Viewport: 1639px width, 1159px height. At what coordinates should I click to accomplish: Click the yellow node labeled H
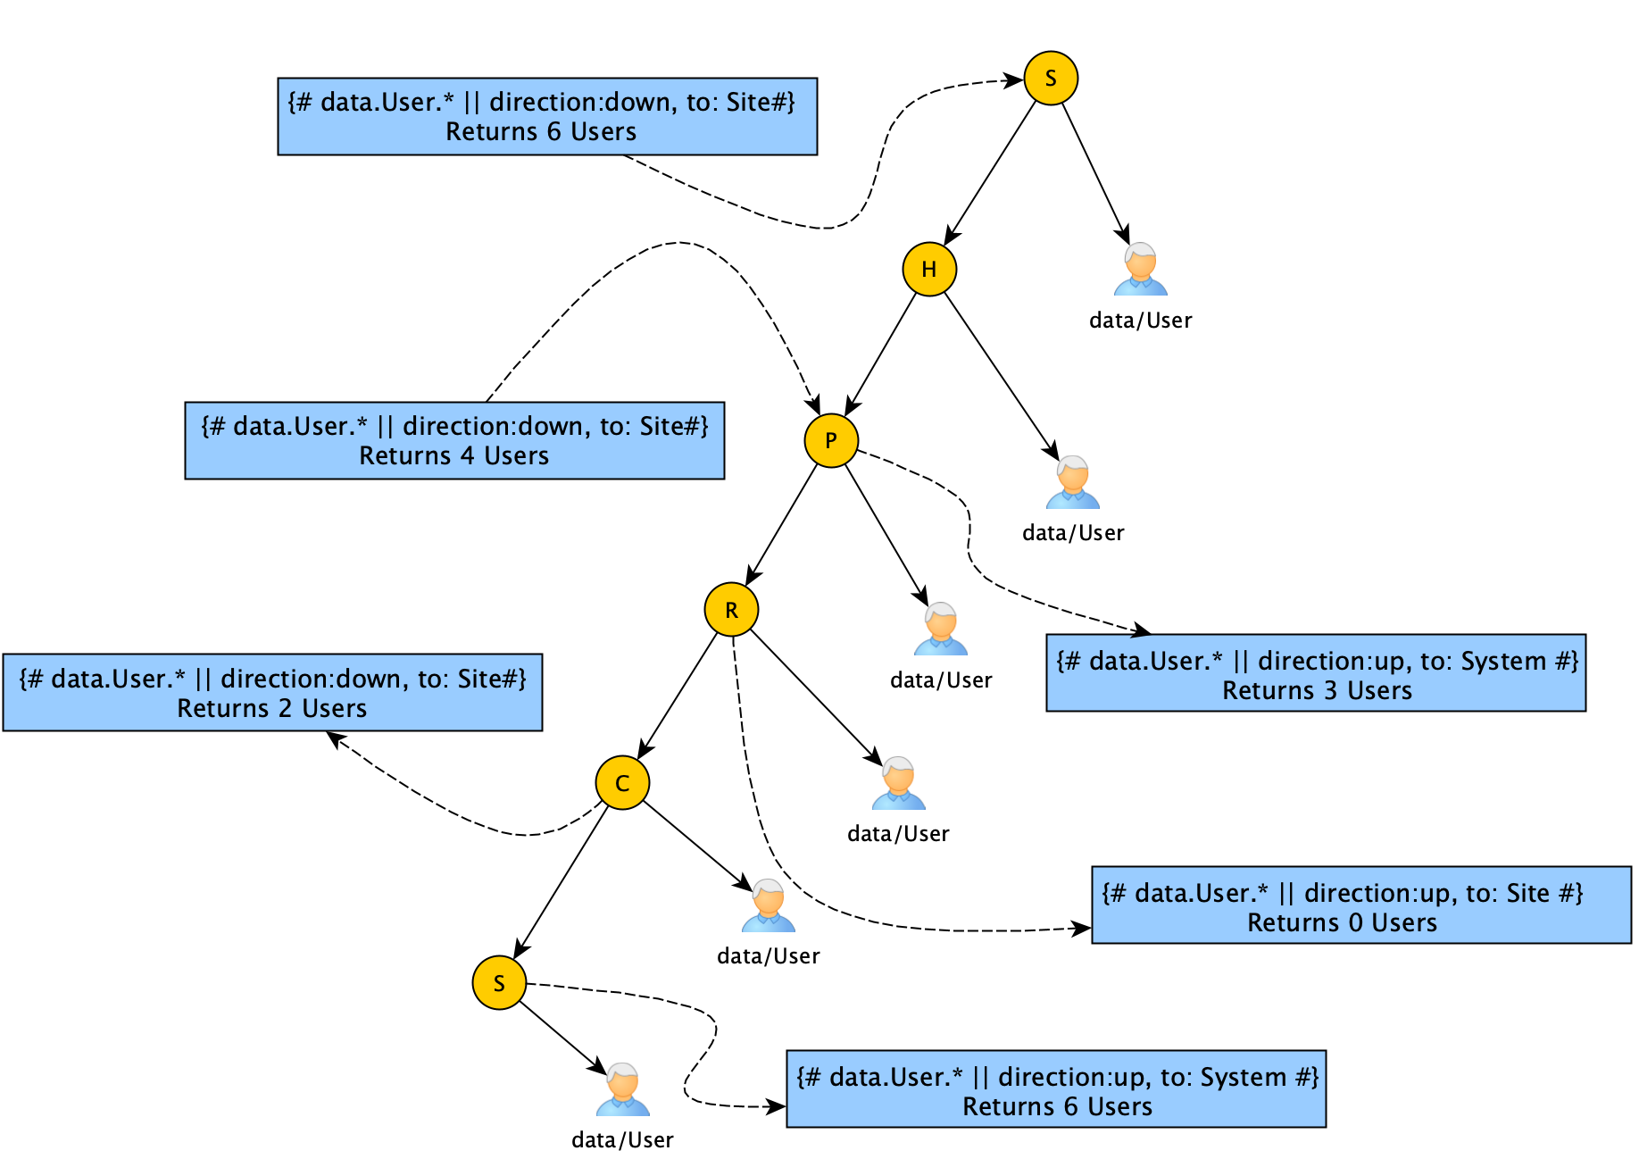(929, 269)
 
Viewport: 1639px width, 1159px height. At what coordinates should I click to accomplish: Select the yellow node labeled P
(831, 440)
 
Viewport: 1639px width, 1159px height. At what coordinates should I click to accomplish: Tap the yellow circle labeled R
(731, 610)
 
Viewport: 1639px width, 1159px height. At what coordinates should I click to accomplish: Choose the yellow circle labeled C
(622, 783)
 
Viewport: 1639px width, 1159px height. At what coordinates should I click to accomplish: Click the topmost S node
(1051, 79)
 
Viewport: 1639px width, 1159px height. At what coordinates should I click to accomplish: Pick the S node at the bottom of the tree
(499, 983)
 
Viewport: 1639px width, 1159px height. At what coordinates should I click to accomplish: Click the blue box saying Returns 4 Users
(454, 440)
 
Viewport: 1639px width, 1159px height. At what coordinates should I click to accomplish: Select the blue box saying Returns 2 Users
(272, 693)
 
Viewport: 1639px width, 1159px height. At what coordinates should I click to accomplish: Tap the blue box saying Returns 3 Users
(1316, 673)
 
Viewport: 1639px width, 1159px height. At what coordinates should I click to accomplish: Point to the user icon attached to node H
(1073, 483)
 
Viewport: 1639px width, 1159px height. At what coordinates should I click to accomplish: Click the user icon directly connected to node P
(941, 630)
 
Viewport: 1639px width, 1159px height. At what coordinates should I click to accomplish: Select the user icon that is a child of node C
(769, 906)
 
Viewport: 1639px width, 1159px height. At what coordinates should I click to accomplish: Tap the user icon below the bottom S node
(623, 1089)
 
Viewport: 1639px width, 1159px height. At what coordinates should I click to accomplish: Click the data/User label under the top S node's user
(1140, 321)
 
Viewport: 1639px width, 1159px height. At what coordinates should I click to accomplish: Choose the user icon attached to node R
(899, 783)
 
